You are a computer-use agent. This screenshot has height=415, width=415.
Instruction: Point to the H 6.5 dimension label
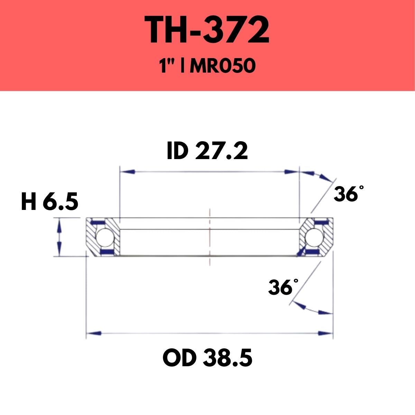click(49, 202)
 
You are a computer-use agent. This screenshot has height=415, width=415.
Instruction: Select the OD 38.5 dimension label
click(207, 358)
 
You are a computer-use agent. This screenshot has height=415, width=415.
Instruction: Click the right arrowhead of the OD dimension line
click(325, 333)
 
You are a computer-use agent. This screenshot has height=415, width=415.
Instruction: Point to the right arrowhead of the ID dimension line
click(290, 172)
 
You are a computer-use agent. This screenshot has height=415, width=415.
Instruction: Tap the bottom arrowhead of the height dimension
click(59, 250)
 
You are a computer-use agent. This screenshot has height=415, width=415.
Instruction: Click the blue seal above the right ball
click(319, 221)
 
